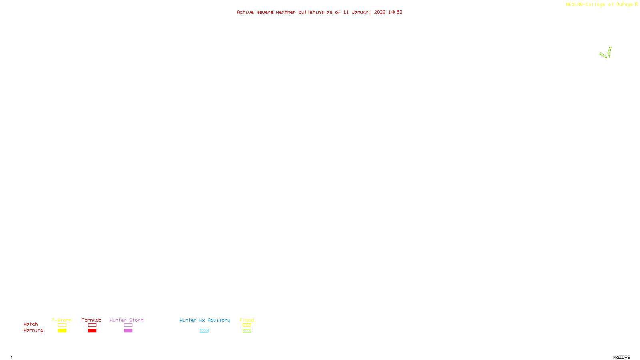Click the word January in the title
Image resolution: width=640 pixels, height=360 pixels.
(x=361, y=12)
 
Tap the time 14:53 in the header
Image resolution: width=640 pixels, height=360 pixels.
(x=395, y=12)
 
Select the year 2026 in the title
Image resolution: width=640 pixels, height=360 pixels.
(x=380, y=12)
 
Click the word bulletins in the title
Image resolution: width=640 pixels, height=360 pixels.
(x=311, y=12)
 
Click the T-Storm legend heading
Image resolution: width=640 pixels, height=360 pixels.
(x=62, y=320)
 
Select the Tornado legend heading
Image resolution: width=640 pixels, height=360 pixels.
(x=92, y=320)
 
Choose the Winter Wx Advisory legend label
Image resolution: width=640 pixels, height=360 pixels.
(x=205, y=320)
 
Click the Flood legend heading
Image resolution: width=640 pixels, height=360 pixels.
(x=247, y=320)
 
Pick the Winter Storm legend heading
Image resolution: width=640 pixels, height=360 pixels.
(x=126, y=320)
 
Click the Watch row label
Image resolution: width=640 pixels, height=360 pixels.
(x=31, y=324)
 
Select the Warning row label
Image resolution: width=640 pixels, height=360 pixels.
(x=33, y=330)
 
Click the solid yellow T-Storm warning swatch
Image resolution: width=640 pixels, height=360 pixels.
(x=62, y=331)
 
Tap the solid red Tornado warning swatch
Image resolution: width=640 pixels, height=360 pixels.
(x=92, y=331)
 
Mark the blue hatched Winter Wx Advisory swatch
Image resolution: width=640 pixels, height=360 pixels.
(x=204, y=331)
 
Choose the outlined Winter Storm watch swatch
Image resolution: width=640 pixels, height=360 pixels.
(x=128, y=325)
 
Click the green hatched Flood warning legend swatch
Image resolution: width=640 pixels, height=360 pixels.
(x=247, y=331)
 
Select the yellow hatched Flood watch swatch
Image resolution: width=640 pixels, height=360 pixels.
(x=247, y=325)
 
